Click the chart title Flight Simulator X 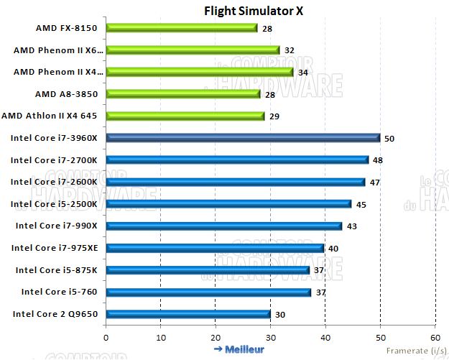244,10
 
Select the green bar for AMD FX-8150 181,28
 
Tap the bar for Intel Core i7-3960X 243,138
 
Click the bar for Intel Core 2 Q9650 188,314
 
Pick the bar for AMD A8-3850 182,94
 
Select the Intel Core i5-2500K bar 228,204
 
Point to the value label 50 389,138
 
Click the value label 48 377,160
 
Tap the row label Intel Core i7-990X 61,226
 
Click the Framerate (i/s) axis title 415,350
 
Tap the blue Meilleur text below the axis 239,349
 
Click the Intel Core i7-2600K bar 235,182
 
